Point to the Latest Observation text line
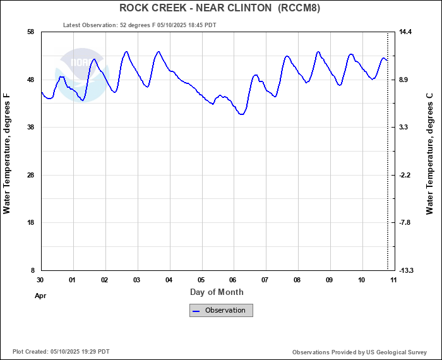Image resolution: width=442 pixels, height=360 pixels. click(x=140, y=25)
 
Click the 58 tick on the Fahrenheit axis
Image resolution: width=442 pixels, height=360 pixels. click(x=30, y=32)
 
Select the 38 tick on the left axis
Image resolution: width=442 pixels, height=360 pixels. click(x=30, y=128)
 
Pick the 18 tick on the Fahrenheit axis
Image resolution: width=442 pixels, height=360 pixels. click(x=30, y=223)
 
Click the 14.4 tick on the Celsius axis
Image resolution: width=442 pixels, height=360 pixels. click(x=405, y=32)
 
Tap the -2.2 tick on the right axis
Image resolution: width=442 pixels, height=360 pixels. click(x=405, y=175)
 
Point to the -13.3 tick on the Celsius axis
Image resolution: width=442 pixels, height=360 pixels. click(x=406, y=270)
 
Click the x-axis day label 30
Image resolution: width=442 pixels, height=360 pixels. click(x=40, y=280)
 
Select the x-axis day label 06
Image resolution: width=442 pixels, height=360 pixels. click(x=233, y=280)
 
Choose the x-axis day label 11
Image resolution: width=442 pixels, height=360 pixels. click(x=393, y=280)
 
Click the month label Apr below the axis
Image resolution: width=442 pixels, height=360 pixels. click(x=40, y=295)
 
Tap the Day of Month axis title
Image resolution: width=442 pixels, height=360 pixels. click(x=217, y=292)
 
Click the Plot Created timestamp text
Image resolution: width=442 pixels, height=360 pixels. click(x=61, y=352)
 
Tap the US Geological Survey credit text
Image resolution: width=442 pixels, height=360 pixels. click(x=361, y=352)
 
